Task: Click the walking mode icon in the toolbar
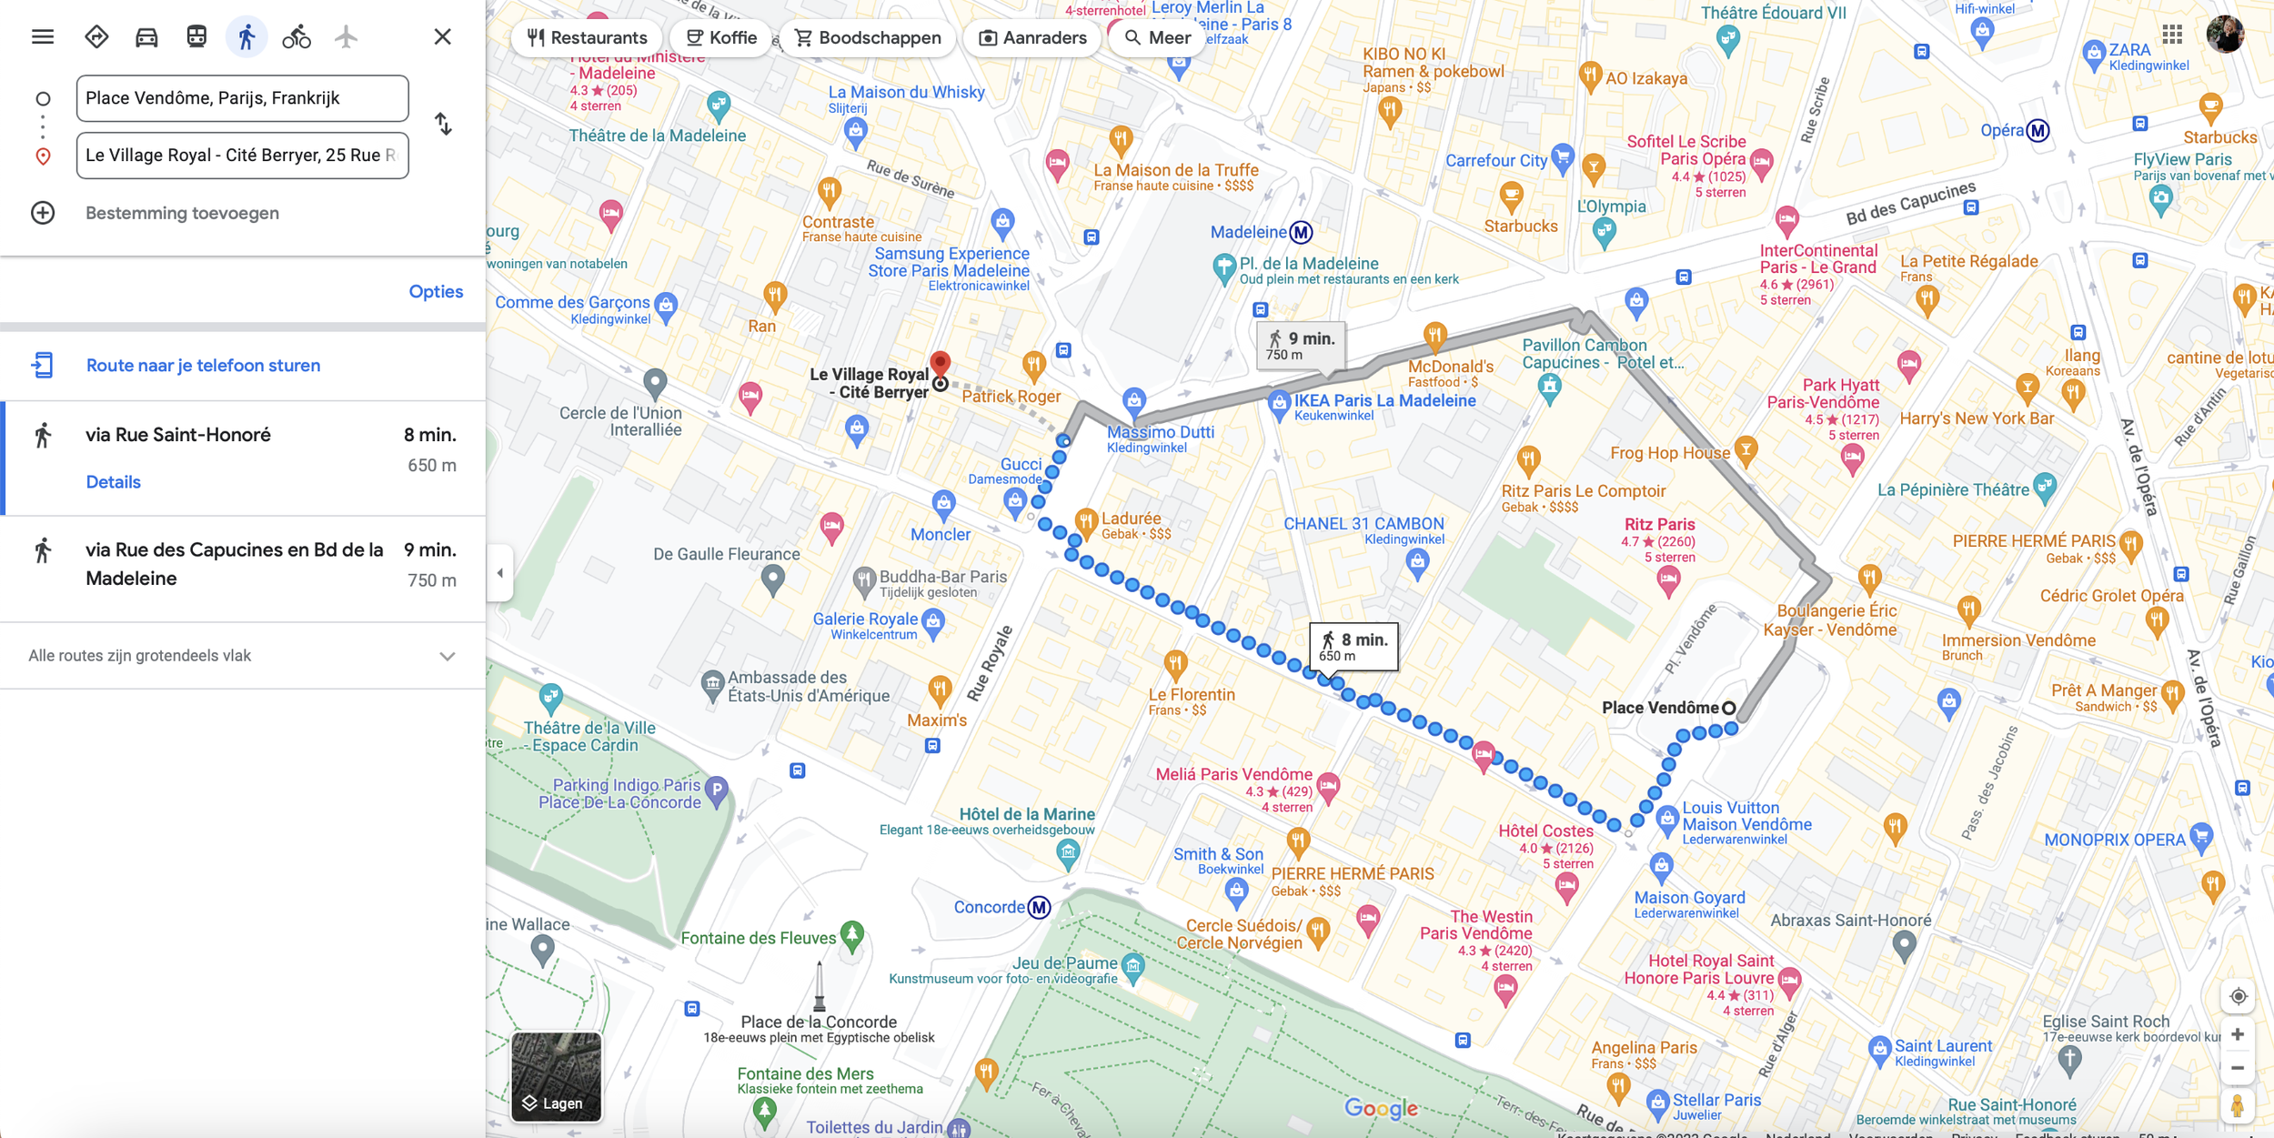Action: [x=247, y=37]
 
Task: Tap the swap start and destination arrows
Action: [x=443, y=124]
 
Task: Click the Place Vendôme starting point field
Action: [x=242, y=98]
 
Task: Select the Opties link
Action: [x=436, y=291]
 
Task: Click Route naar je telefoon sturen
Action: [x=203, y=365]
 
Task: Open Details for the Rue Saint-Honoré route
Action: [x=113, y=481]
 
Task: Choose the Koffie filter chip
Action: [x=721, y=37]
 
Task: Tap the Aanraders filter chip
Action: [x=1032, y=37]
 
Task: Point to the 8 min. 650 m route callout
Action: [x=1353, y=646]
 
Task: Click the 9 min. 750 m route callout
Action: [x=1301, y=345]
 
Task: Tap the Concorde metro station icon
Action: [x=1039, y=907]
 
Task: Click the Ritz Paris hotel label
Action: [x=1659, y=525]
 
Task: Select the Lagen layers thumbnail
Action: [x=556, y=1075]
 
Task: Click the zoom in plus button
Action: [x=2238, y=1034]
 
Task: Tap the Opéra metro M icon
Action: [x=2038, y=131]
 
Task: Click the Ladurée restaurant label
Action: [x=1131, y=519]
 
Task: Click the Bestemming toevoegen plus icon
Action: [x=43, y=213]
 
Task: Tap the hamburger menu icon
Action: [x=43, y=37]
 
